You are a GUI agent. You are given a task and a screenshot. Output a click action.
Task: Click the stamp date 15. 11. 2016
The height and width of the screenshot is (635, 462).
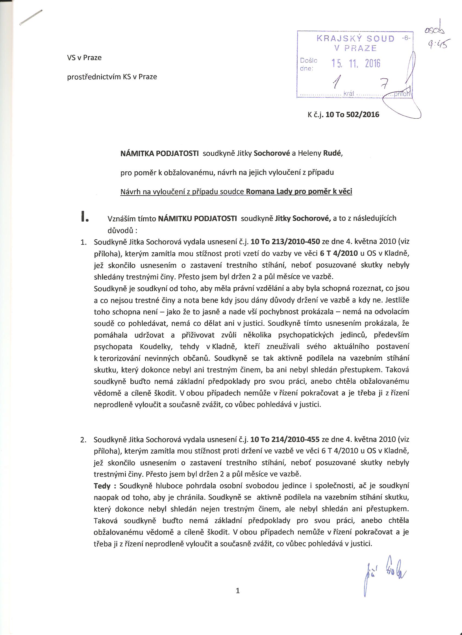[356, 64]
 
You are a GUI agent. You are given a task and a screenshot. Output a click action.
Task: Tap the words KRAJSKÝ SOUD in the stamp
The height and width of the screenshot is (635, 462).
[355, 39]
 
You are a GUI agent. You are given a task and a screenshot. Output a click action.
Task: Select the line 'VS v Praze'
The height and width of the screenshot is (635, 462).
[84, 58]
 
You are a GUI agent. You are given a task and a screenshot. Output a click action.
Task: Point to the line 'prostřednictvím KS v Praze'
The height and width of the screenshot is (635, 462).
[112, 77]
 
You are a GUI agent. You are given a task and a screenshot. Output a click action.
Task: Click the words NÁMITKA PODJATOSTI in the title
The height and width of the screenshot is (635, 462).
[160, 153]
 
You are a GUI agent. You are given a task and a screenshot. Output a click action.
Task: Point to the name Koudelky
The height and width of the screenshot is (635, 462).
[155, 347]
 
